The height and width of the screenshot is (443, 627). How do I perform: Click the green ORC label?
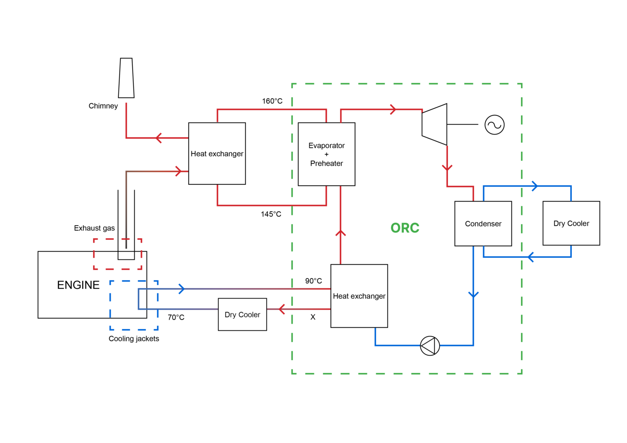[x=405, y=228]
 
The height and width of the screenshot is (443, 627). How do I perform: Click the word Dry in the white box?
[x=230, y=315]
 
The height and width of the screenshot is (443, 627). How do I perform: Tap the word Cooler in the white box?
[x=249, y=315]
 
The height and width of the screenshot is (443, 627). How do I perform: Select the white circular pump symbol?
[x=430, y=346]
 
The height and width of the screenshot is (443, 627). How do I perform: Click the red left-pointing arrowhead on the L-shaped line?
[x=159, y=138]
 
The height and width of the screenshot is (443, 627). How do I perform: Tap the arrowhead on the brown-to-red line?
[x=178, y=171]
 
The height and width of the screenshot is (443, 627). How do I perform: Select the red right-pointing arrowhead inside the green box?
[x=393, y=109]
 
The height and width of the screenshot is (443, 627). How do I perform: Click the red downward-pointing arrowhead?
[x=447, y=167]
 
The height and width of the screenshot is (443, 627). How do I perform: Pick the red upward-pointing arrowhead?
[x=340, y=233]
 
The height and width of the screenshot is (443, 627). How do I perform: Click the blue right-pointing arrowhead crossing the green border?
[x=535, y=186]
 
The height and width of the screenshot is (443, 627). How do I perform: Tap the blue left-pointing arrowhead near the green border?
[x=530, y=257]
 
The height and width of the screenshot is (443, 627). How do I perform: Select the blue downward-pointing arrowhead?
[x=473, y=295]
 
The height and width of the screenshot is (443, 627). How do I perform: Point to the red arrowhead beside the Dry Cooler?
[x=282, y=309]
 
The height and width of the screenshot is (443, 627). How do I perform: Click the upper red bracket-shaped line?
[x=271, y=109]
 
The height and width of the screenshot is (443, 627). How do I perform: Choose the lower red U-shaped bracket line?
[x=271, y=206]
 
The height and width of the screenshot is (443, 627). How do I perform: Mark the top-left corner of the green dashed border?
[x=292, y=84]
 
